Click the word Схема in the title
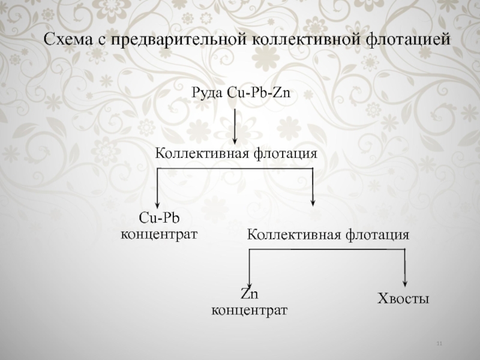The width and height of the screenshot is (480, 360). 68,40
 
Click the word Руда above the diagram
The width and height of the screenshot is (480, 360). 207,94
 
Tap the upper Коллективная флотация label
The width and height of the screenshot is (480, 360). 236,154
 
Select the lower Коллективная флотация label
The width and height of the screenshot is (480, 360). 328,234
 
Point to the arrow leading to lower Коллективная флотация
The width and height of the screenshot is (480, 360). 313,190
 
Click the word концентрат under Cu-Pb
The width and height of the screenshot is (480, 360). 159,232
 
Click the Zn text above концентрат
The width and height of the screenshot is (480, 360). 249,295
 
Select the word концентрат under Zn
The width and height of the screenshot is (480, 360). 249,310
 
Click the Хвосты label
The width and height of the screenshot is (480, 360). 403,298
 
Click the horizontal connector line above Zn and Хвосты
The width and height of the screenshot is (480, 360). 327,250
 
